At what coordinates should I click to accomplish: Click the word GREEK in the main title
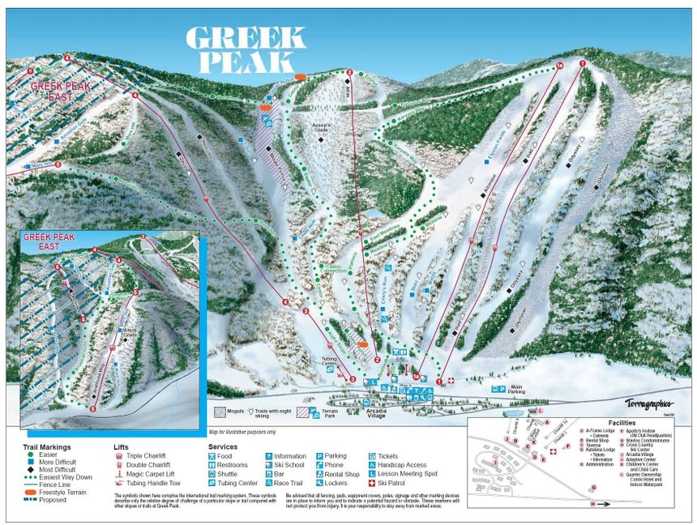pos(246,38)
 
